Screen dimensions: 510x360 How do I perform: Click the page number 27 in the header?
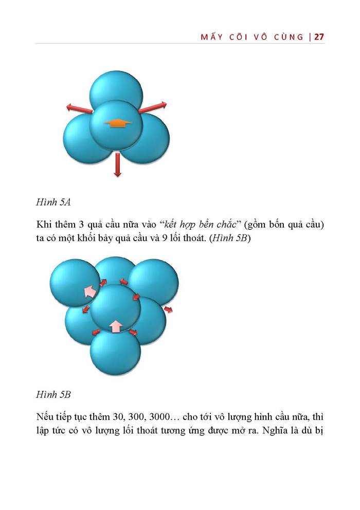pyautogui.click(x=319, y=37)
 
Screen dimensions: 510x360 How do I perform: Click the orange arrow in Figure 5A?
pyautogui.click(x=118, y=123)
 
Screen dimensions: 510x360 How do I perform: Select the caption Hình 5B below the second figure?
pyautogui.click(x=53, y=395)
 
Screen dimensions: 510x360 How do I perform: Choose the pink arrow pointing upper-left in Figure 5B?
pyautogui.click(x=90, y=292)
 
